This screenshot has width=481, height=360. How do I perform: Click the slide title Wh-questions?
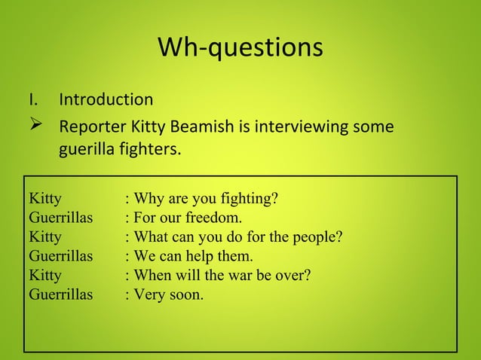[240, 47]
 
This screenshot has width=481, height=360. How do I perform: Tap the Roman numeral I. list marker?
[34, 99]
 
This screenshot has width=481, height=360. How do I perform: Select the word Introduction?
[106, 99]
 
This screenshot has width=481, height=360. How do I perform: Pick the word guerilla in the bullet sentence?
[86, 149]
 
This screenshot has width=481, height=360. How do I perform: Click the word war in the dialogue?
[240, 275]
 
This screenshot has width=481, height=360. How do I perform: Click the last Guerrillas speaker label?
[60, 294]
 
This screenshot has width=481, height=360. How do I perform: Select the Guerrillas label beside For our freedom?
[60, 218]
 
